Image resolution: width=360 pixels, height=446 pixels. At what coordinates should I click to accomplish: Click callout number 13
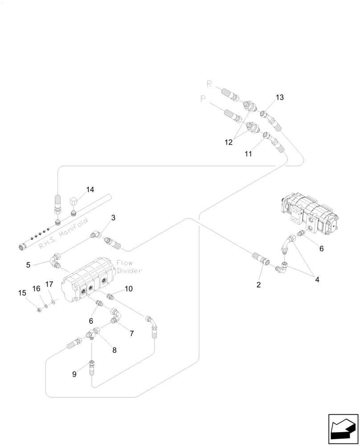279,97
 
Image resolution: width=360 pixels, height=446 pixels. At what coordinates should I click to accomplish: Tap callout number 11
248,153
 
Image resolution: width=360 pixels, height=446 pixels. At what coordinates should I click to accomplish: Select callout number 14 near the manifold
90,190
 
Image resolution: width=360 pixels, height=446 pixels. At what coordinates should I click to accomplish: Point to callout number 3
113,218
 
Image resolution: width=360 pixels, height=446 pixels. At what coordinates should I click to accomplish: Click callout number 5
29,264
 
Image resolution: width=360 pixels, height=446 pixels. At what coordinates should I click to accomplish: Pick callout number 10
128,289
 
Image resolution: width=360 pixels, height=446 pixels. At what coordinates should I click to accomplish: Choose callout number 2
258,285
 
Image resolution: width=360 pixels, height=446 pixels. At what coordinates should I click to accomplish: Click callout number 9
74,374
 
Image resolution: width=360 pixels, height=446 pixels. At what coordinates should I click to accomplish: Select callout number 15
22,293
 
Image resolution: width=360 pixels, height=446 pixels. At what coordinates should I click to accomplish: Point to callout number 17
49,284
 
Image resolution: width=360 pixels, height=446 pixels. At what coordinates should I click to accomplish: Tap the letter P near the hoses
203,99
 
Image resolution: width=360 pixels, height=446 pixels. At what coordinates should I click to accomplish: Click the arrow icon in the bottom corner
343,429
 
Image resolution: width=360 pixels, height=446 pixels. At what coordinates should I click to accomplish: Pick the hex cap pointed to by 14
74,203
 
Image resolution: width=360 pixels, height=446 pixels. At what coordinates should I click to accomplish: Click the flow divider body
89,281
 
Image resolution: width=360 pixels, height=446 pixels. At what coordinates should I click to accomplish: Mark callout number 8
114,350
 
